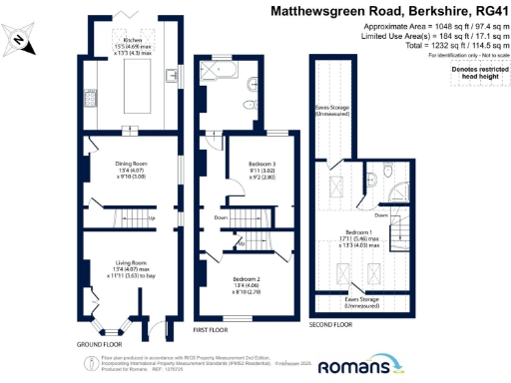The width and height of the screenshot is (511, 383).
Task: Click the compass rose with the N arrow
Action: [x=21, y=39]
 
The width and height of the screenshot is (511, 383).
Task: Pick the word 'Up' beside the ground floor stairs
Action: [x=151, y=218]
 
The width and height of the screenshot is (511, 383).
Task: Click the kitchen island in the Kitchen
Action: [x=130, y=90]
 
